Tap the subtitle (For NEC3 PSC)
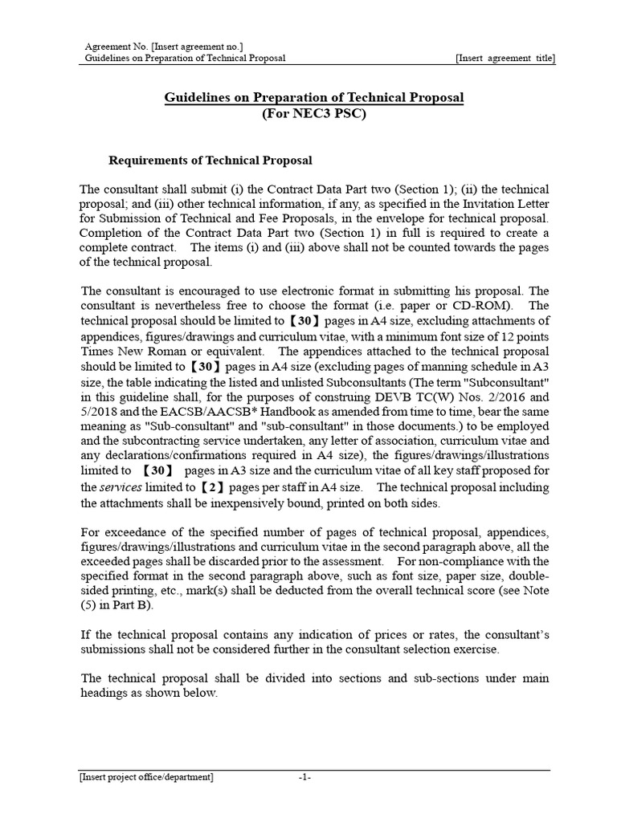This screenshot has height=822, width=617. pyautogui.click(x=314, y=114)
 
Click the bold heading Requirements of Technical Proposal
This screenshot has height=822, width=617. pyautogui.click(x=210, y=161)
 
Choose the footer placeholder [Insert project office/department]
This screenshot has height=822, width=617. pyautogui.click(x=146, y=777)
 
